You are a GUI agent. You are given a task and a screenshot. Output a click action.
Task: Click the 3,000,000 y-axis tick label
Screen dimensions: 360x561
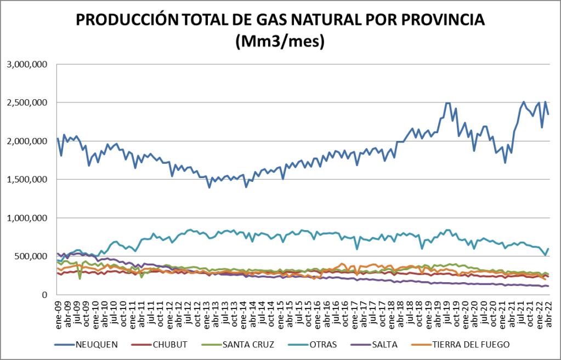pos(28,64)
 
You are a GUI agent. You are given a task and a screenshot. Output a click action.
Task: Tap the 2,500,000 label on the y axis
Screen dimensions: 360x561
pos(28,102)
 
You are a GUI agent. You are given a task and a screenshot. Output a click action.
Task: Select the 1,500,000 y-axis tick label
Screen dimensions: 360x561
pos(28,179)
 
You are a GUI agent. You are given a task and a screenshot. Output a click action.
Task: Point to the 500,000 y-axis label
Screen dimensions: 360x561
pos(32,256)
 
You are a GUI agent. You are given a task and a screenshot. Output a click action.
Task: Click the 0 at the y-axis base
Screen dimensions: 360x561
pos(46,295)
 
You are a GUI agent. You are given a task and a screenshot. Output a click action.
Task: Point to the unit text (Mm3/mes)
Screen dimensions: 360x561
pos(280,41)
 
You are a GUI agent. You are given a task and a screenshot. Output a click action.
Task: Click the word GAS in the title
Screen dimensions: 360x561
pos(275,20)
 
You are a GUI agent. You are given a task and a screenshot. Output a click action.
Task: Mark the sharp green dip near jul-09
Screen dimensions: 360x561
pos(80,278)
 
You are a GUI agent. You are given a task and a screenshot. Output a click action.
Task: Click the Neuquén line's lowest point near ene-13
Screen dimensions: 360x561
pos(209,187)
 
